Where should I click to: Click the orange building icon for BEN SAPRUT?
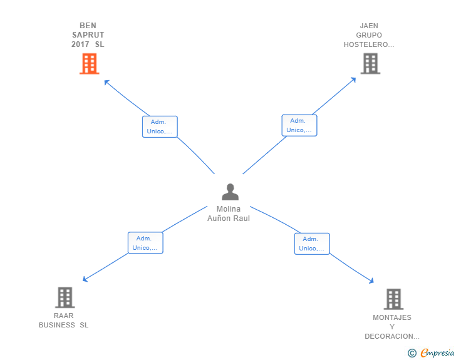[90, 64]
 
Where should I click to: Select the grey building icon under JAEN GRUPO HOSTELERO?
[371, 63]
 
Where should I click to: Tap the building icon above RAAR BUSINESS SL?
[65, 297]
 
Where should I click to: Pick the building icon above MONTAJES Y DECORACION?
[393, 299]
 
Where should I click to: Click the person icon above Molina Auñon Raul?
[230, 192]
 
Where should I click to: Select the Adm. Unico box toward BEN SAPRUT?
[160, 127]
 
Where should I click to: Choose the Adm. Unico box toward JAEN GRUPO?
[299, 125]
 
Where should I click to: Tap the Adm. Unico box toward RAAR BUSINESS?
[145, 243]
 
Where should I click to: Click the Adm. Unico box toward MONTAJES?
[312, 244]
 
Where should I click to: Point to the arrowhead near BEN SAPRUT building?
[106, 82]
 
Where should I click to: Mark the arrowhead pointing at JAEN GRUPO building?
[354, 80]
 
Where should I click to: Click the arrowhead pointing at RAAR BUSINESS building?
[85, 279]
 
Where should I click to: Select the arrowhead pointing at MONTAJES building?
[371, 280]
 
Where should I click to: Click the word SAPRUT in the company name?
[88, 35]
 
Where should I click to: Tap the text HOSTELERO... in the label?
[369, 44]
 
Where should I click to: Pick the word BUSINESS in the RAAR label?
[57, 325]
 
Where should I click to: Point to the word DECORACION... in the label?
[392, 336]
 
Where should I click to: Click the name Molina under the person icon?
[229, 208]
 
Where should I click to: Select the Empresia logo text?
[437, 353]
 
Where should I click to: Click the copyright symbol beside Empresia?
[412, 353]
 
